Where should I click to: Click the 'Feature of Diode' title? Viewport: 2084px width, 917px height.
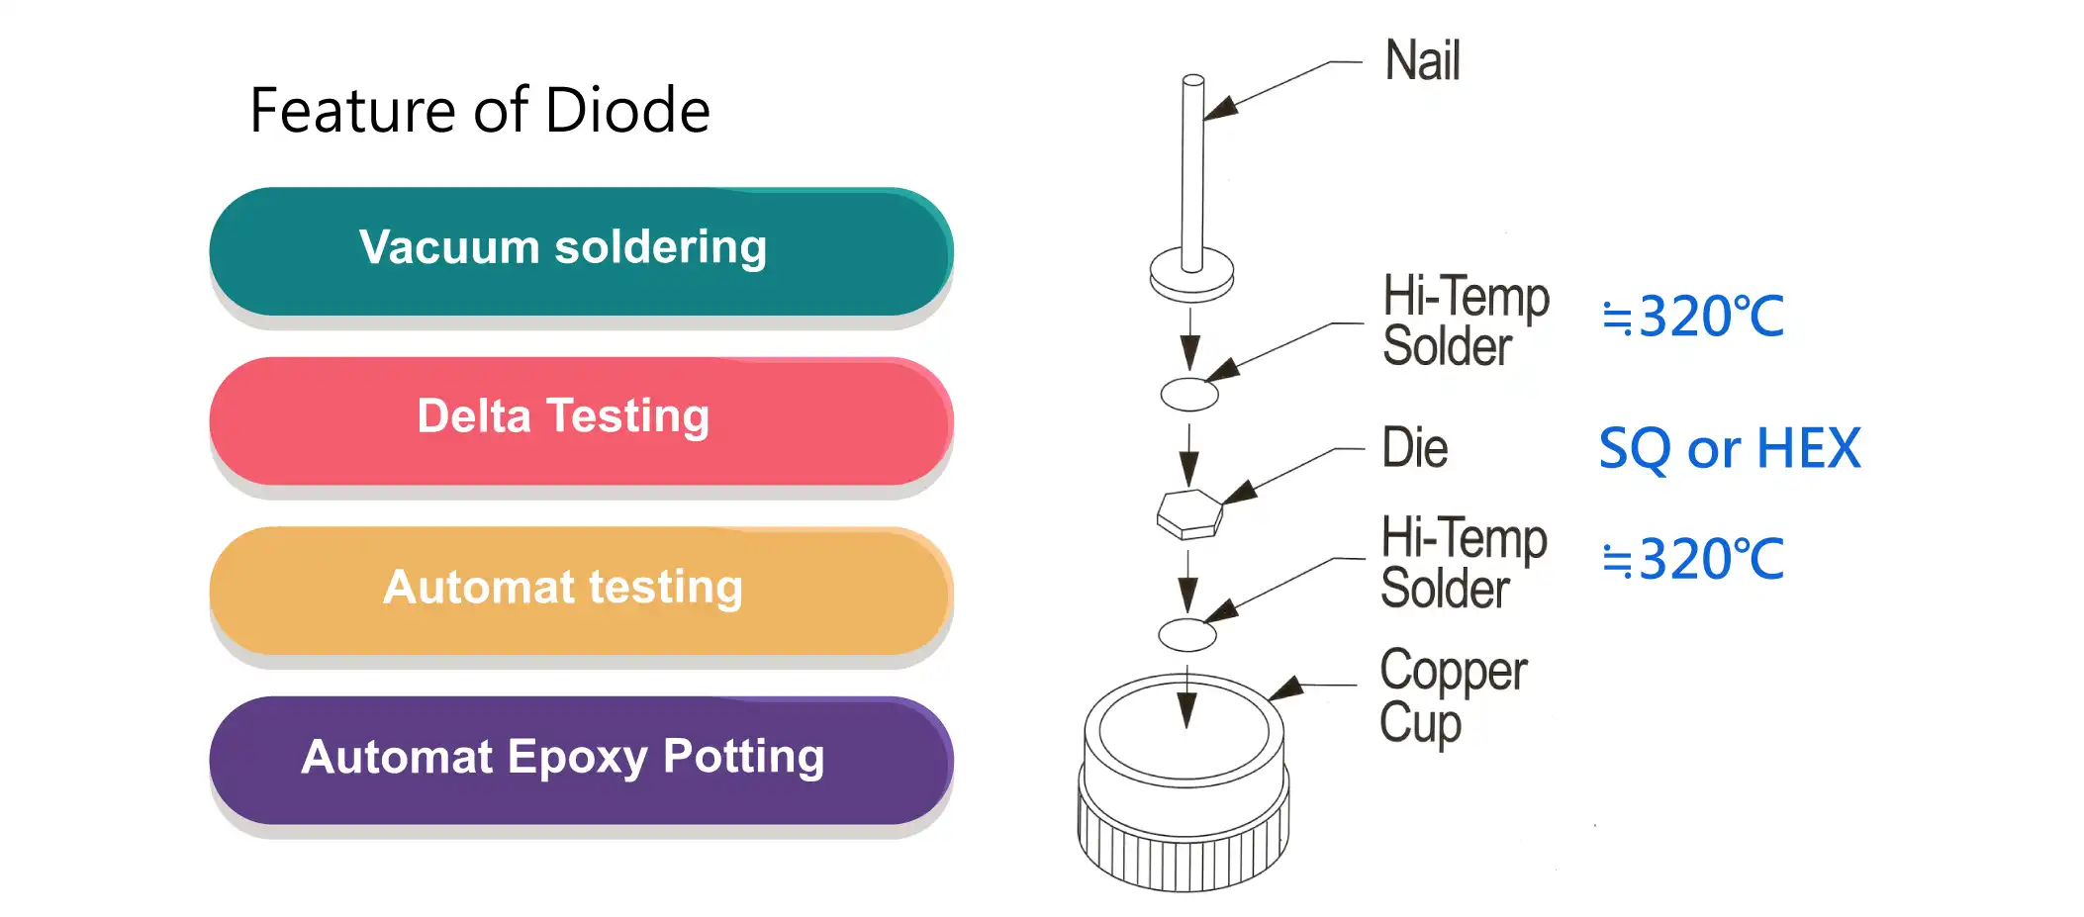(x=480, y=110)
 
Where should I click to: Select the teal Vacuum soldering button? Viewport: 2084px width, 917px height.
(x=581, y=250)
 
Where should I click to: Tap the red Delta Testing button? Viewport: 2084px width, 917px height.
(x=581, y=419)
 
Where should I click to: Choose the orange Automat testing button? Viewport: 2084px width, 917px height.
(x=581, y=590)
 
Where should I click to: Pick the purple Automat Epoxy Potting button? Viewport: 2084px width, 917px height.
(x=581, y=759)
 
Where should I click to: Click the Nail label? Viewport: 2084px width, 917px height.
(x=1422, y=61)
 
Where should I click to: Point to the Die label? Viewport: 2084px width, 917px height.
(x=1414, y=448)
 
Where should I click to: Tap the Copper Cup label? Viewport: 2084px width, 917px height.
(x=1452, y=696)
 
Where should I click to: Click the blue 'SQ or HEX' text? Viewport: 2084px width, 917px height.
(x=1729, y=449)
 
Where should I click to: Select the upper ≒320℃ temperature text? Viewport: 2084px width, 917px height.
(x=1693, y=318)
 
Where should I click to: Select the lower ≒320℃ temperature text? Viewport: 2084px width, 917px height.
(x=1693, y=560)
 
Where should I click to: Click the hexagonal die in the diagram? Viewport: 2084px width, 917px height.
(x=1189, y=513)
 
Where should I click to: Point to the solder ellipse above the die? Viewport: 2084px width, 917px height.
(x=1189, y=395)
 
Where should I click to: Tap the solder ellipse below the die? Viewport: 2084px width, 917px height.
(x=1187, y=635)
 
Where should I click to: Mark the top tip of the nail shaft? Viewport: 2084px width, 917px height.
(x=1193, y=81)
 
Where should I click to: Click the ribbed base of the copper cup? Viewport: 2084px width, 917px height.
(x=1183, y=846)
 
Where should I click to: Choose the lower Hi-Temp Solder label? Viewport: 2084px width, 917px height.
(x=1463, y=563)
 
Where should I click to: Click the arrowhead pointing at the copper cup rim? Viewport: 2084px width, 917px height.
(x=1285, y=688)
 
